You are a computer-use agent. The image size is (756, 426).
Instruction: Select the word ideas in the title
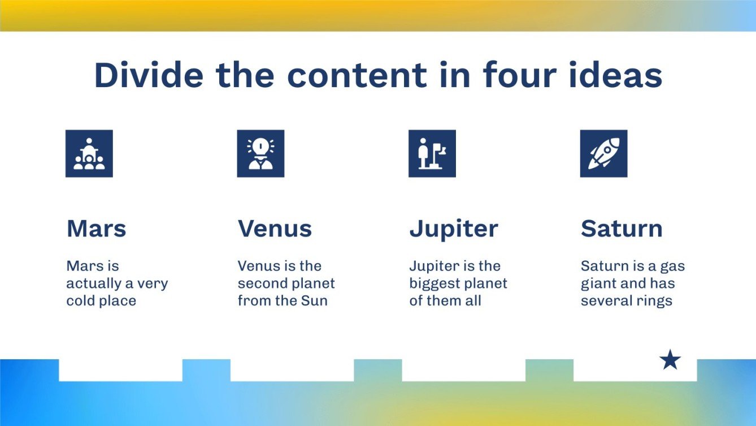point(618,75)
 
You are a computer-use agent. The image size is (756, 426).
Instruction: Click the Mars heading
point(96,229)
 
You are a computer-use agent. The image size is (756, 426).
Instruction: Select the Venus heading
point(275,229)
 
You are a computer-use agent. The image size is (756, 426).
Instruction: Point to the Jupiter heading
point(454,229)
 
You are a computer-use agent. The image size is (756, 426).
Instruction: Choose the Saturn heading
point(622,229)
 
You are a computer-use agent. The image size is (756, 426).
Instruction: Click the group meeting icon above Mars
point(89,153)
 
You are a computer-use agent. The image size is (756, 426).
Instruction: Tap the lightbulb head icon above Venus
point(260,153)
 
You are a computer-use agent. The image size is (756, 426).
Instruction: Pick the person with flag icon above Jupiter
point(432,153)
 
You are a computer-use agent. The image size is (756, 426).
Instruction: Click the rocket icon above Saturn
point(603,153)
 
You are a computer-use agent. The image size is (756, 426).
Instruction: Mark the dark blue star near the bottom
point(670,360)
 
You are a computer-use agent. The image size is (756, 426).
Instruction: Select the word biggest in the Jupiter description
point(435,283)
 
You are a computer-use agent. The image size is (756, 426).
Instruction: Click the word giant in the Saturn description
point(597,283)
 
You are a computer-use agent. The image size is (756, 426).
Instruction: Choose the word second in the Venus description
point(262,283)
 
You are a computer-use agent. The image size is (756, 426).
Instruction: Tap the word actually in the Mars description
point(91,283)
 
